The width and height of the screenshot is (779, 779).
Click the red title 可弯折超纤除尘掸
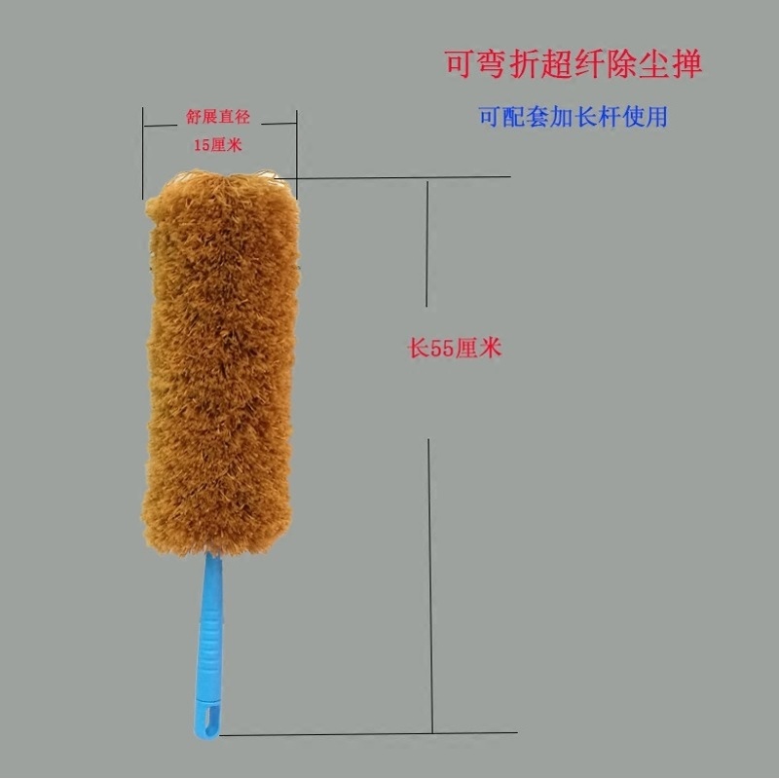[x=574, y=63]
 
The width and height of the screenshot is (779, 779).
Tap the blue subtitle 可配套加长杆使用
[x=574, y=117]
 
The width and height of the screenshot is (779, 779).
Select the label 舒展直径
[x=218, y=117]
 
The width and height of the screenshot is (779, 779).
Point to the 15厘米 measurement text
[x=218, y=145]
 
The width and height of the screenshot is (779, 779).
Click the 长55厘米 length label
[x=455, y=349]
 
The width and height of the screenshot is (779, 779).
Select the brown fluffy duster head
[x=221, y=362]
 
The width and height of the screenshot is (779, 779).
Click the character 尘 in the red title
[x=654, y=64]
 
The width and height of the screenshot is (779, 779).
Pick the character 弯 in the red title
[x=493, y=64]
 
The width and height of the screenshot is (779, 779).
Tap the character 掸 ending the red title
[x=687, y=64]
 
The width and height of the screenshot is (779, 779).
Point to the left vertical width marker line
[x=143, y=153]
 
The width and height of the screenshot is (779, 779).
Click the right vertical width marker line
[x=297, y=155]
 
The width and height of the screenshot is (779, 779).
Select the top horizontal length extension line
[x=392, y=177]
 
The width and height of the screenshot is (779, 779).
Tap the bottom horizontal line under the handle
[x=368, y=733]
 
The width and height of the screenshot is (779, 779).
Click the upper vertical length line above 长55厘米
[x=427, y=244]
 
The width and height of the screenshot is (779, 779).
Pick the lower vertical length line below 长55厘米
[x=430, y=586]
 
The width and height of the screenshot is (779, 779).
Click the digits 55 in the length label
[x=442, y=349]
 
